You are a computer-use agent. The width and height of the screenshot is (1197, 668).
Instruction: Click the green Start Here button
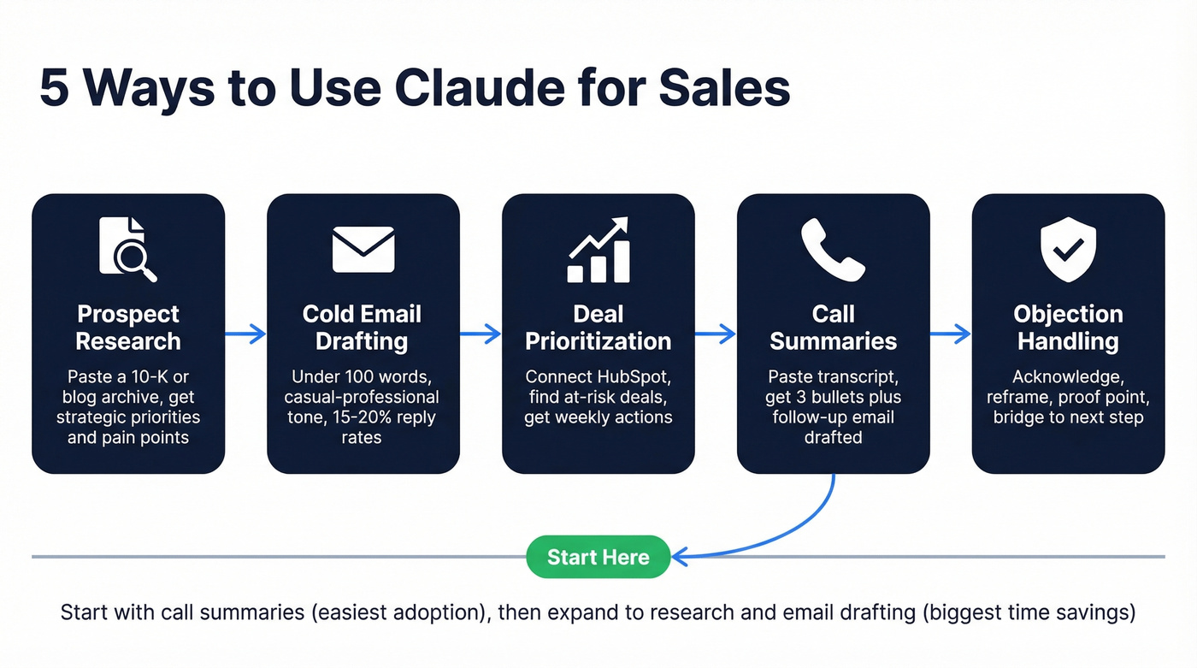tap(598, 557)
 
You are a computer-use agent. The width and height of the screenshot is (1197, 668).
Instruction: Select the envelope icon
tap(363, 249)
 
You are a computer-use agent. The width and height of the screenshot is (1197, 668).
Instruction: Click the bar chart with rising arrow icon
tap(598, 249)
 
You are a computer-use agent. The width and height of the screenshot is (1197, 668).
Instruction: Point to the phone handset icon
tap(833, 249)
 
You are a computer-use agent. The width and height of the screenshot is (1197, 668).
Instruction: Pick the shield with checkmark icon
tap(1068, 249)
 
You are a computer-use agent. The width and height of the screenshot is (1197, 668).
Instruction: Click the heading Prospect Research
tap(128, 328)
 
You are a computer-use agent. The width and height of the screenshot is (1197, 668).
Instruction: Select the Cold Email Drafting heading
tap(363, 328)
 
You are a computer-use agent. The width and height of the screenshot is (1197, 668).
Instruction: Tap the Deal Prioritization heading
tap(598, 328)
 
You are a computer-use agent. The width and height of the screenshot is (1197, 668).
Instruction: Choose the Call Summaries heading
tap(833, 328)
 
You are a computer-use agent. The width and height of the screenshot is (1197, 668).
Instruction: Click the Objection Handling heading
tap(1068, 328)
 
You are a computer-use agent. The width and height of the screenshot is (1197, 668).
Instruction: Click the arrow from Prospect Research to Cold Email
tap(246, 334)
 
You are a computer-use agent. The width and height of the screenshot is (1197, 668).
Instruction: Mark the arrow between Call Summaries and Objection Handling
tap(951, 334)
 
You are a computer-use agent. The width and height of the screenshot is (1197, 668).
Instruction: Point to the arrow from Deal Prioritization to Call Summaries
tap(716, 334)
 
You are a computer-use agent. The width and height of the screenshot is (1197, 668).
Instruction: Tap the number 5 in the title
tap(54, 88)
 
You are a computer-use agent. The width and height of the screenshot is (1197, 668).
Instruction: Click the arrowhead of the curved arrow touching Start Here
tap(681, 557)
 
